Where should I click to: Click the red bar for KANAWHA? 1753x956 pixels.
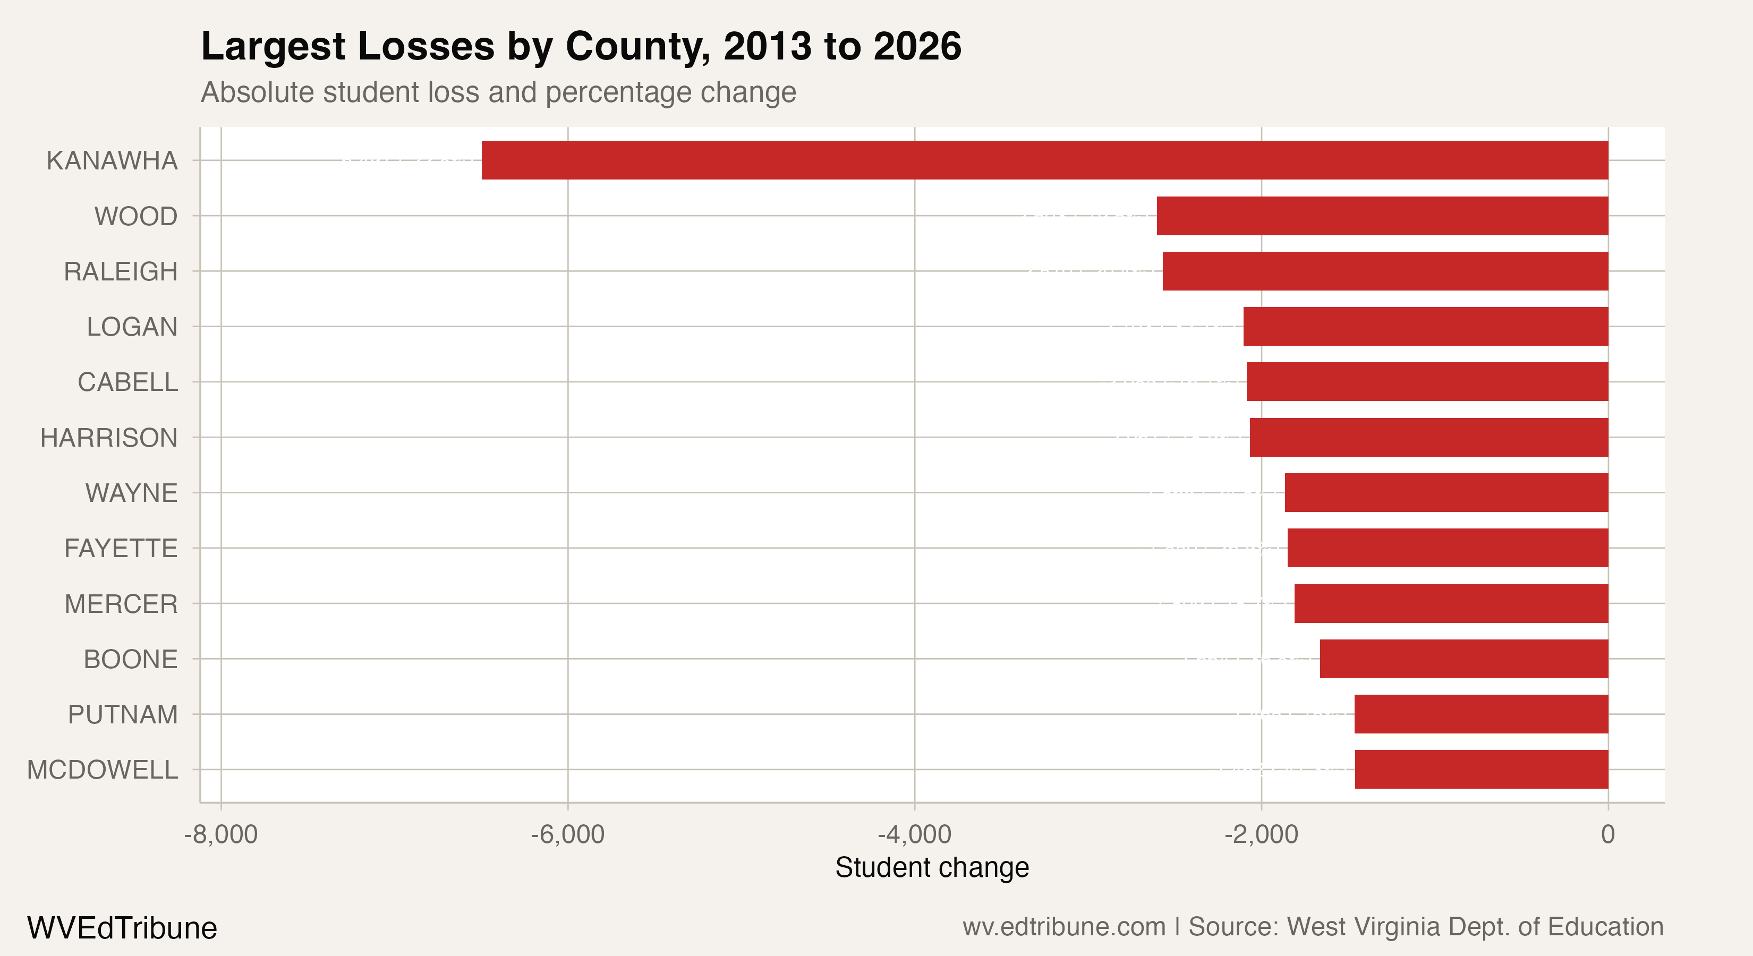pos(1044,160)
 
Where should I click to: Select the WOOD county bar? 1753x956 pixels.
pos(1382,216)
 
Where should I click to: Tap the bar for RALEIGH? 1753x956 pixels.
pos(1385,271)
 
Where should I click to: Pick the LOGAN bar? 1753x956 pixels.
pos(1426,327)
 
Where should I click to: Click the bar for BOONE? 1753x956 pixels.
pos(1464,659)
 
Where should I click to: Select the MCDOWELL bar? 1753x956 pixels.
pos(1482,770)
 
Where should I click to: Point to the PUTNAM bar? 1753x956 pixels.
pos(1481,714)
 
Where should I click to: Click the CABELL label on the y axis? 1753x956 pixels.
pos(127,382)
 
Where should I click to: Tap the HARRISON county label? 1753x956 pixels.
pos(109,438)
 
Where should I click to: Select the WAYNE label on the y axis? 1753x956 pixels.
pos(131,493)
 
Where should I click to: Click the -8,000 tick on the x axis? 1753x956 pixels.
pos(220,834)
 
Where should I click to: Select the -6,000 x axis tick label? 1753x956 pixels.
pos(567,834)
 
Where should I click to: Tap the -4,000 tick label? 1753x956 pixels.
pos(914,834)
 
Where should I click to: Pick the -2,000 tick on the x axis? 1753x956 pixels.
pos(1261,834)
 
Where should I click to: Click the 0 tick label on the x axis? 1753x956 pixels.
pos(1607,834)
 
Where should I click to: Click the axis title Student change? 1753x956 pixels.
pos(932,867)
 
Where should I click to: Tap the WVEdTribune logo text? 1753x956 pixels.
pos(122,928)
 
